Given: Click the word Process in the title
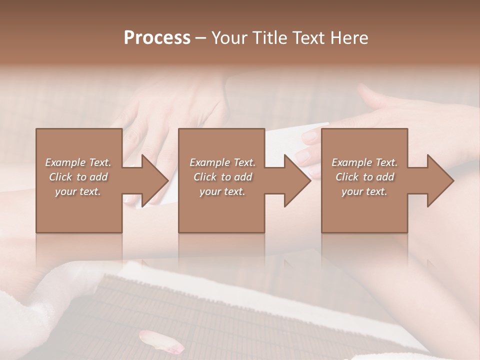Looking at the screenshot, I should [x=157, y=38].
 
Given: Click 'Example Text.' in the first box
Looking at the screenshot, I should [x=78, y=162].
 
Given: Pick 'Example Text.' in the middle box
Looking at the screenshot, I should [x=222, y=162].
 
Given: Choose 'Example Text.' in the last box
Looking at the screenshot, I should [x=364, y=162].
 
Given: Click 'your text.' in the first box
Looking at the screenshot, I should [x=78, y=191].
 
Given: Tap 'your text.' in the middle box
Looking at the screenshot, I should [x=222, y=191].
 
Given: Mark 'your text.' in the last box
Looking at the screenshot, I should [x=364, y=191].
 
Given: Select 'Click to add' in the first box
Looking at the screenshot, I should [x=78, y=177].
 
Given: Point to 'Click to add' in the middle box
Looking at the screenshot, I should [x=222, y=177].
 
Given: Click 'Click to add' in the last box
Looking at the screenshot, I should [x=364, y=177].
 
